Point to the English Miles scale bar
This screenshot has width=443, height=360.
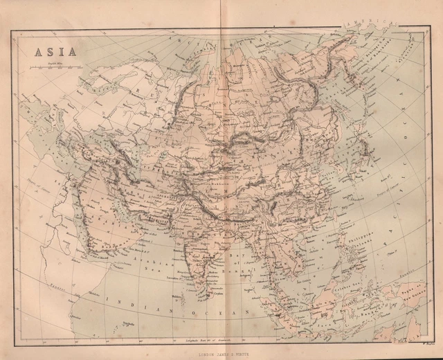[55, 67]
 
